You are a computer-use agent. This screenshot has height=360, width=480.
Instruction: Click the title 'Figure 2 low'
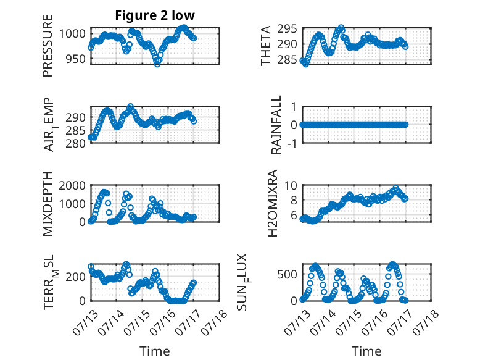click(x=155, y=15)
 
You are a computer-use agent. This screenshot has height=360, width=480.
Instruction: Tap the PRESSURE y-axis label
click(x=48, y=46)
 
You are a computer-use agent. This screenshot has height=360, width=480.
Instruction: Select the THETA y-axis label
click(x=266, y=46)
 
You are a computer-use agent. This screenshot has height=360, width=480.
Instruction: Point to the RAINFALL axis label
click(x=276, y=125)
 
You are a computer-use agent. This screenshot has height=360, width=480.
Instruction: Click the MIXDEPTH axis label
click(x=48, y=203)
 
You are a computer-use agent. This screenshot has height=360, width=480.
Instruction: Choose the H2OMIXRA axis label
click(x=272, y=203)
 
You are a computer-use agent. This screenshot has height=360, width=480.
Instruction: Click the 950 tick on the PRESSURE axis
click(x=76, y=59)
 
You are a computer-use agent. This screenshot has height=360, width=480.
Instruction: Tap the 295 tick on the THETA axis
click(x=287, y=29)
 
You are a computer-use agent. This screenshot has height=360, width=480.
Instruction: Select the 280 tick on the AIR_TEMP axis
click(x=76, y=143)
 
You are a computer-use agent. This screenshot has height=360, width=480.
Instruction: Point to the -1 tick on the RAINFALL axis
click(x=293, y=143)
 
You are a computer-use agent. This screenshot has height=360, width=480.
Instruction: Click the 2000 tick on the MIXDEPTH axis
click(x=72, y=185)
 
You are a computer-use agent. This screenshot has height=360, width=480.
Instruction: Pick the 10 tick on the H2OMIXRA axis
click(x=291, y=185)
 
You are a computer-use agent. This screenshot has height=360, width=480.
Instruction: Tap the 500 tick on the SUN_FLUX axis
click(x=287, y=274)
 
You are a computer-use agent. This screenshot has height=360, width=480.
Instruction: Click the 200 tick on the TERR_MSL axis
click(x=76, y=277)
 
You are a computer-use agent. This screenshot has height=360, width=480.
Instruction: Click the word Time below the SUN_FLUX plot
click(x=366, y=351)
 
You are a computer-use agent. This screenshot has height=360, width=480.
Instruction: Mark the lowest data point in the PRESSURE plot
click(x=157, y=64)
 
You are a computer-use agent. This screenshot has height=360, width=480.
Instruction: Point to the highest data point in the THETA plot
click(x=341, y=28)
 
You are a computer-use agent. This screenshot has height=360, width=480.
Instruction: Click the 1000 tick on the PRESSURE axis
click(x=72, y=33)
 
